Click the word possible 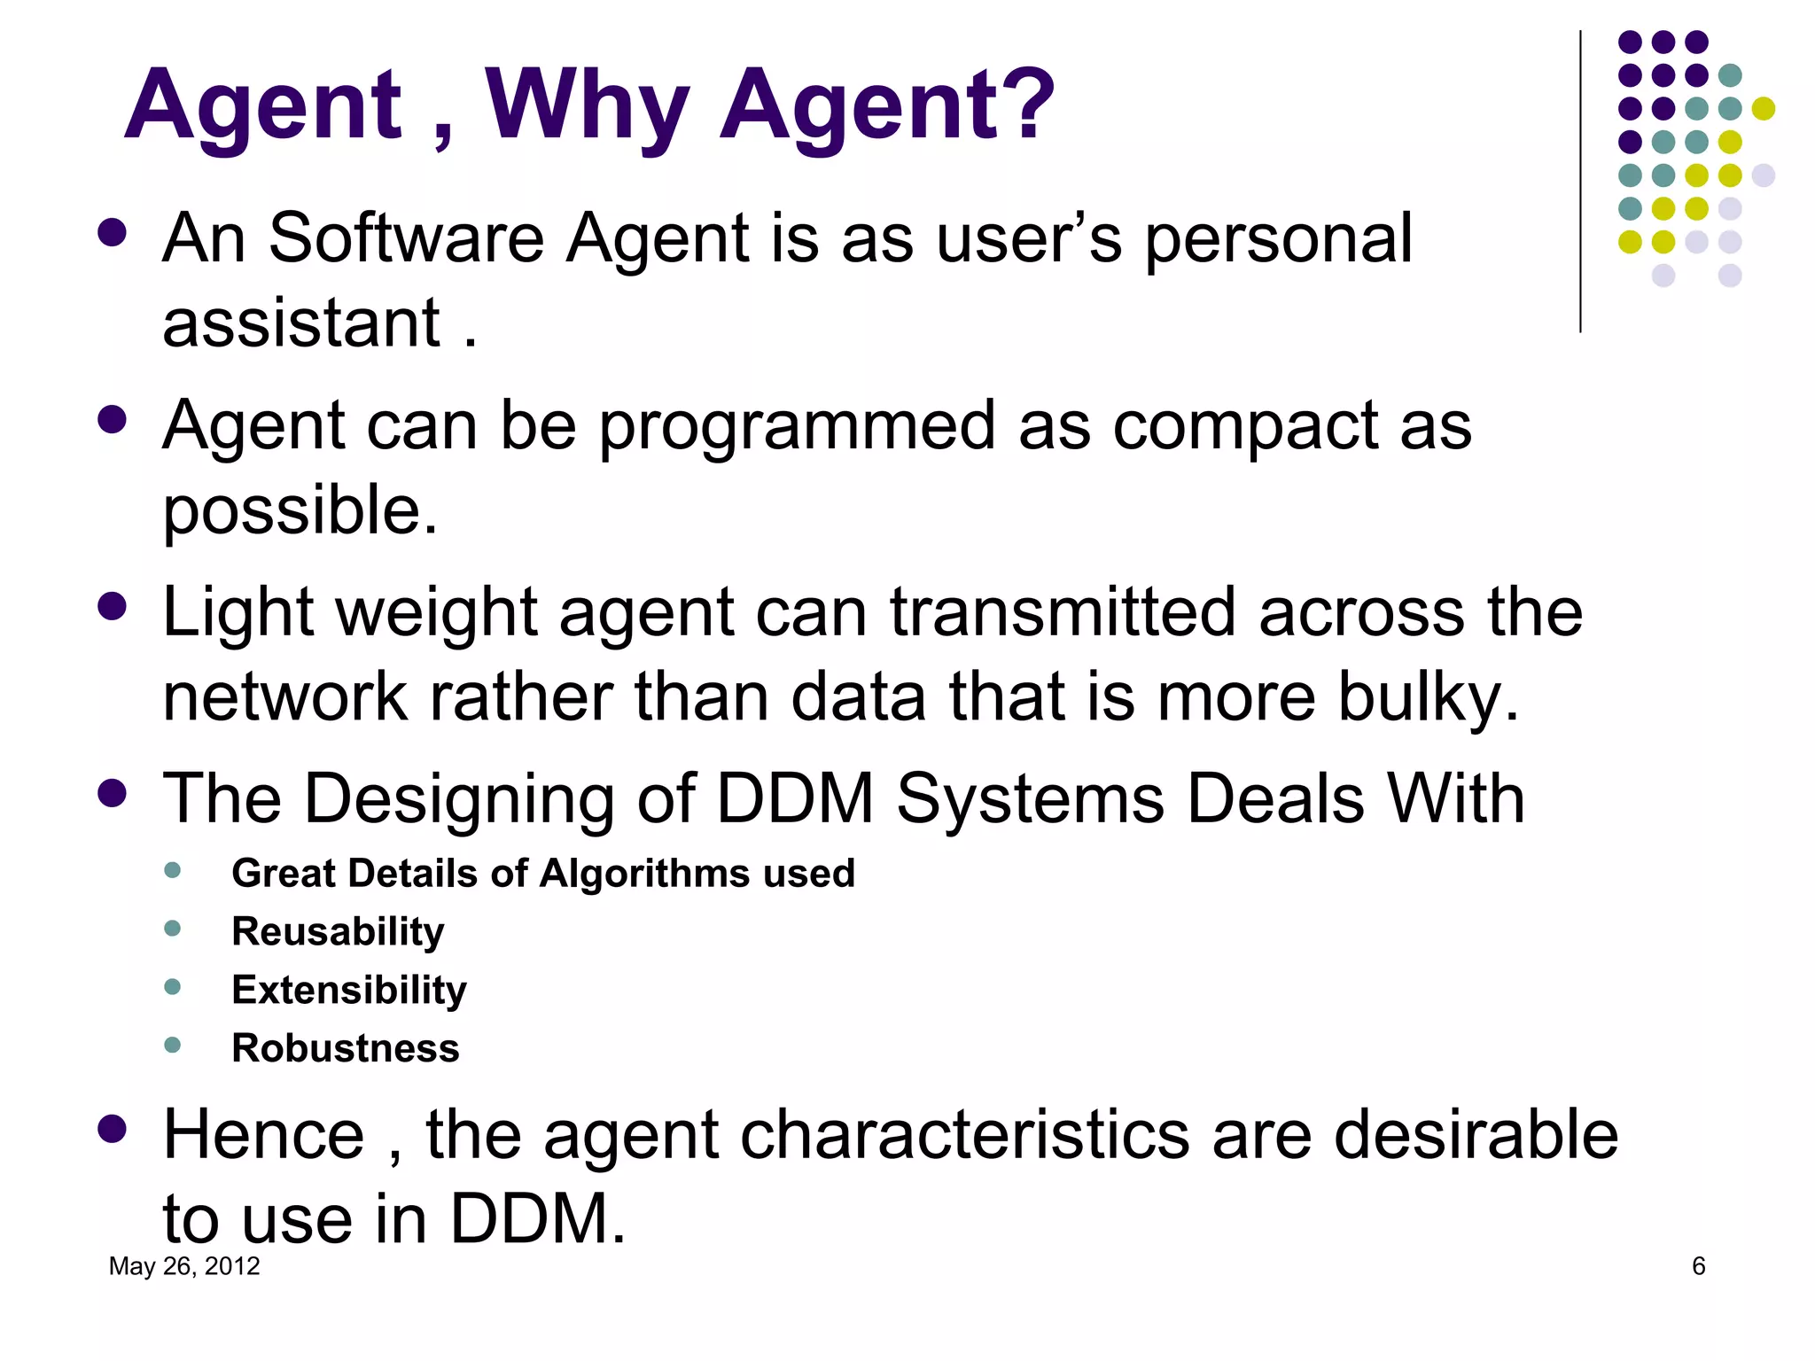click(300, 512)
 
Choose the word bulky click(1429, 697)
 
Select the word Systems click(1030, 799)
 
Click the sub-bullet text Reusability click(338, 932)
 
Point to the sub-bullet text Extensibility click(348, 990)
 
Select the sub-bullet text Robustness click(345, 1048)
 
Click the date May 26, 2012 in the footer click(184, 1266)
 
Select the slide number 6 click(1698, 1266)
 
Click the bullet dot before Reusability click(173, 929)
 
